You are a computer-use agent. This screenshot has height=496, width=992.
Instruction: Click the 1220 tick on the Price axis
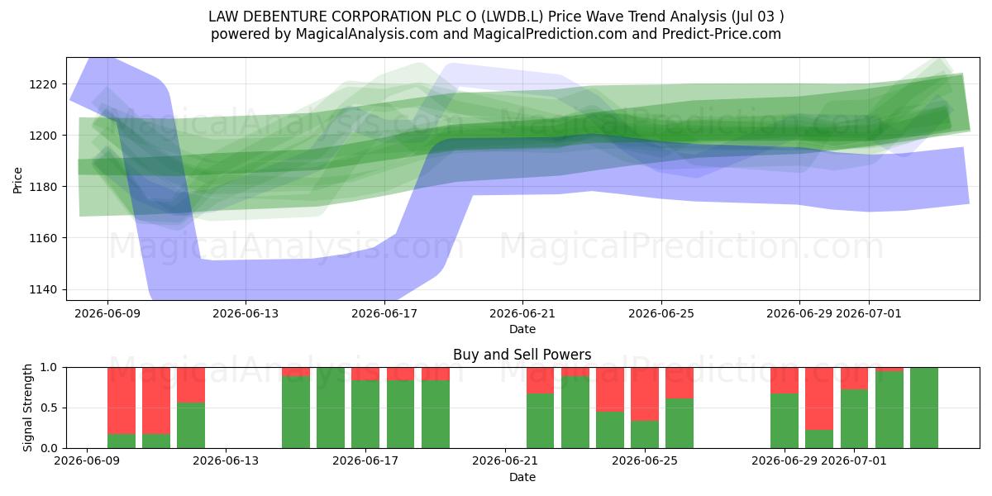pyautogui.click(x=43, y=84)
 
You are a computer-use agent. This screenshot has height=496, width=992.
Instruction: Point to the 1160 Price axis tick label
pyautogui.click(x=43, y=238)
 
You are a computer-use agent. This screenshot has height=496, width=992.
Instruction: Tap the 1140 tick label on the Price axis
pyautogui.click(x=43, y=289)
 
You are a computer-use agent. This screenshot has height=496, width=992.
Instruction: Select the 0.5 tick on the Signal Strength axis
pyautogui.click(x=48, y=408)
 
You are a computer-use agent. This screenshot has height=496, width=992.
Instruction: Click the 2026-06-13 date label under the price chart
pyautogui.click(x=246, y=313)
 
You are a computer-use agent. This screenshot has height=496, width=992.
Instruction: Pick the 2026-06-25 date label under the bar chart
pyautogui.click(x=645, y=460)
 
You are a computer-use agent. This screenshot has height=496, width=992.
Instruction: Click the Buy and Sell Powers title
pyautogui.click(x=522, y=355)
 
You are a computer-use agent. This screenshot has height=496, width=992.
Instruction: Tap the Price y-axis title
pyautogui.click(x=17, y=180)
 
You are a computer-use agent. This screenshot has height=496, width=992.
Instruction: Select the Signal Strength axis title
pyautogui.click(x=27, y=408)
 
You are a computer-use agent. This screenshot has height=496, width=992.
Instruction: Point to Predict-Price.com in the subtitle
pyautogui.click(x=722, y=34)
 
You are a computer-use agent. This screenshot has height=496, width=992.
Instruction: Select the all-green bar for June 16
pyautogui.click(x=331, y=408)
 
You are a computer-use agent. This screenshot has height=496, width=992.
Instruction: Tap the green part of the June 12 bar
pyautogui.click(x=191, y=425)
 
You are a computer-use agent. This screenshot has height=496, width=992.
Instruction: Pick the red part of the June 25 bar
pyautogui.click(x=645, y=394)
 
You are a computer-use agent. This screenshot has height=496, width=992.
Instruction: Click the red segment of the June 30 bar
pyautogui.click(x=819, y=398)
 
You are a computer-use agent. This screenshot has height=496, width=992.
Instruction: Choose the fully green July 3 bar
pyautogui.click(x=924, y=408)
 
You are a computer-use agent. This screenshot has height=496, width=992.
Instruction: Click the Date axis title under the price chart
pyautogui.click(x=522, y=329)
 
